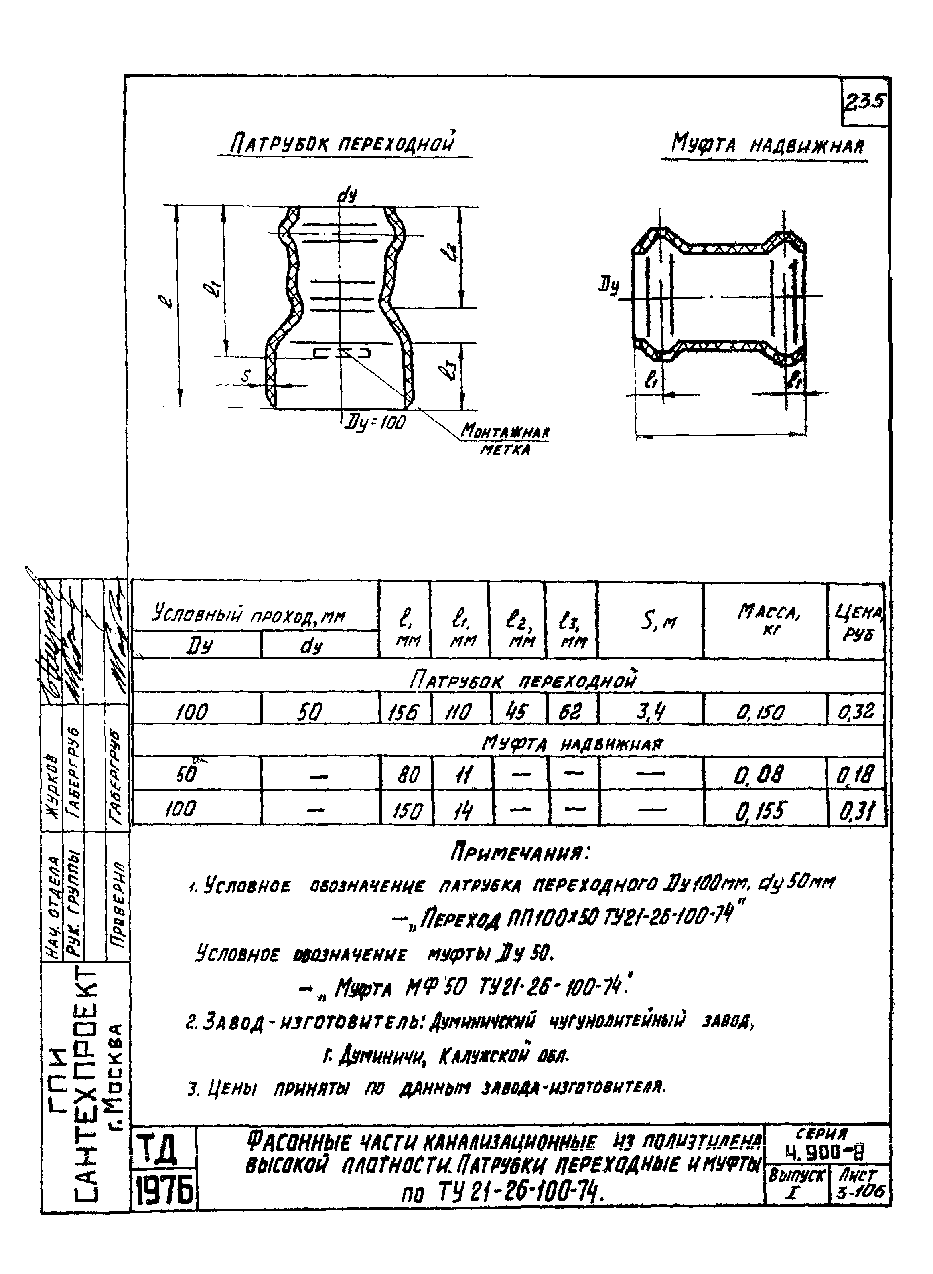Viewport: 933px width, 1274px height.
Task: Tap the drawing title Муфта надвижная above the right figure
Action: (x=767, y=146)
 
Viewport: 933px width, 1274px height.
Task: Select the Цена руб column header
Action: (x=857, y=620)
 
